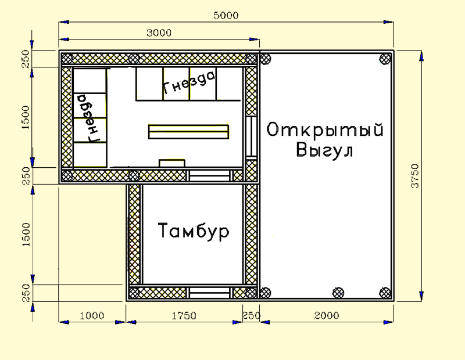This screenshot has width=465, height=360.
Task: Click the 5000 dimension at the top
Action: (x=226, y=16)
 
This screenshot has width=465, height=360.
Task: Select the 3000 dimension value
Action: (x=159, y=33)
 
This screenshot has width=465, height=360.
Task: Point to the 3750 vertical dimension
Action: (x=415, y=176)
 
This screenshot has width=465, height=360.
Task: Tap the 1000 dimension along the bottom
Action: (x=92, y=316)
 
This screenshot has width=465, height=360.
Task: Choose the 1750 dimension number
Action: (x=184, y=316)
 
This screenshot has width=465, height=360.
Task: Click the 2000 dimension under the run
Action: (x=327, y=315)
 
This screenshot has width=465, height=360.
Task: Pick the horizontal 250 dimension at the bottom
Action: (x=252, y=315)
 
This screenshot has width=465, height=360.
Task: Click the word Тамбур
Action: (x=194, y=231)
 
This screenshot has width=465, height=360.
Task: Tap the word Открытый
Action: (x=325, y=131)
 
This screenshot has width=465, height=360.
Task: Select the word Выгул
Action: (x=325, y=150)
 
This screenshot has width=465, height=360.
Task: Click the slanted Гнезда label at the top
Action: (x=189, y=82)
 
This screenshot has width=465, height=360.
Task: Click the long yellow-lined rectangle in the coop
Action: (x=188, y=132)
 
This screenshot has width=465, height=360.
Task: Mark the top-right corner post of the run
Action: (x=385, y=59)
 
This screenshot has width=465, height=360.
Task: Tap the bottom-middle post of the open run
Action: (x=338, y=293)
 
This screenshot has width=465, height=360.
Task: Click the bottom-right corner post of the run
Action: (x=385, y=293)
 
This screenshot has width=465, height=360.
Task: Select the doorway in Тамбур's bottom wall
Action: (x=210, y=293)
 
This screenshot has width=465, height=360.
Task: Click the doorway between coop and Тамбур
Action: (x=210, y=176)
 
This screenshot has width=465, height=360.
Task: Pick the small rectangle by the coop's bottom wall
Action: (x=172, y=163)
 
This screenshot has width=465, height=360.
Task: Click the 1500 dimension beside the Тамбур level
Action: (x=26, y=235)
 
